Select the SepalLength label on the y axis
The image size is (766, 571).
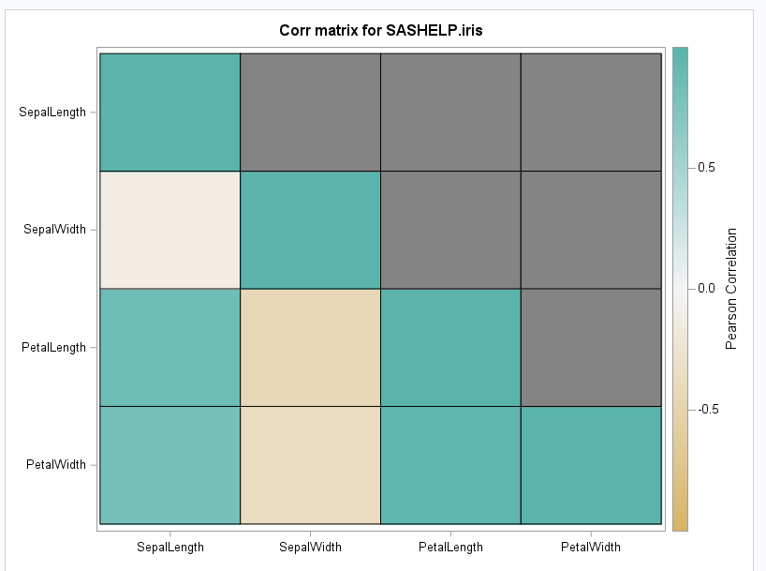tap(52, 112)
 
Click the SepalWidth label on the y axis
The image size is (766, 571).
tap(55, 229)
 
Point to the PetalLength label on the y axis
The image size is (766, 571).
tap(53, 347)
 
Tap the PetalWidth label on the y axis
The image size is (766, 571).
tap(56, 464)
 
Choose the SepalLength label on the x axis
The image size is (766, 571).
tap(170, 547)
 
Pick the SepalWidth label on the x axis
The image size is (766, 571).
tap(310, 547)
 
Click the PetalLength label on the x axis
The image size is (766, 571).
tap(450, 547)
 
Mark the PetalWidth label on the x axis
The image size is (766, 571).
tap(590, 547)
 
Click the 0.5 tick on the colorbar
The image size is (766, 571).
tap(707, 167)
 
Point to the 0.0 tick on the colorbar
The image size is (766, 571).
tap(707, 288)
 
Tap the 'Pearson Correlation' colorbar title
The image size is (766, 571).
tap(732, 288)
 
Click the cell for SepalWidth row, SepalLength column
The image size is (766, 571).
tap(170, 230)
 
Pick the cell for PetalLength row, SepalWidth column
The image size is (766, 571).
tap(310, 347)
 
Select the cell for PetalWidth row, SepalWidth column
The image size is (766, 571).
tap(310, 465)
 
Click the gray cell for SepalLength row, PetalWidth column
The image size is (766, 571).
tap(590, 112)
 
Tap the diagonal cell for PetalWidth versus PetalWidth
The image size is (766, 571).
tap(590, 465)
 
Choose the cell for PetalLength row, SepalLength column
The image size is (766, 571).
tap(170, 347)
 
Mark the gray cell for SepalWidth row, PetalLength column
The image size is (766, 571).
tap(450, 230)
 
